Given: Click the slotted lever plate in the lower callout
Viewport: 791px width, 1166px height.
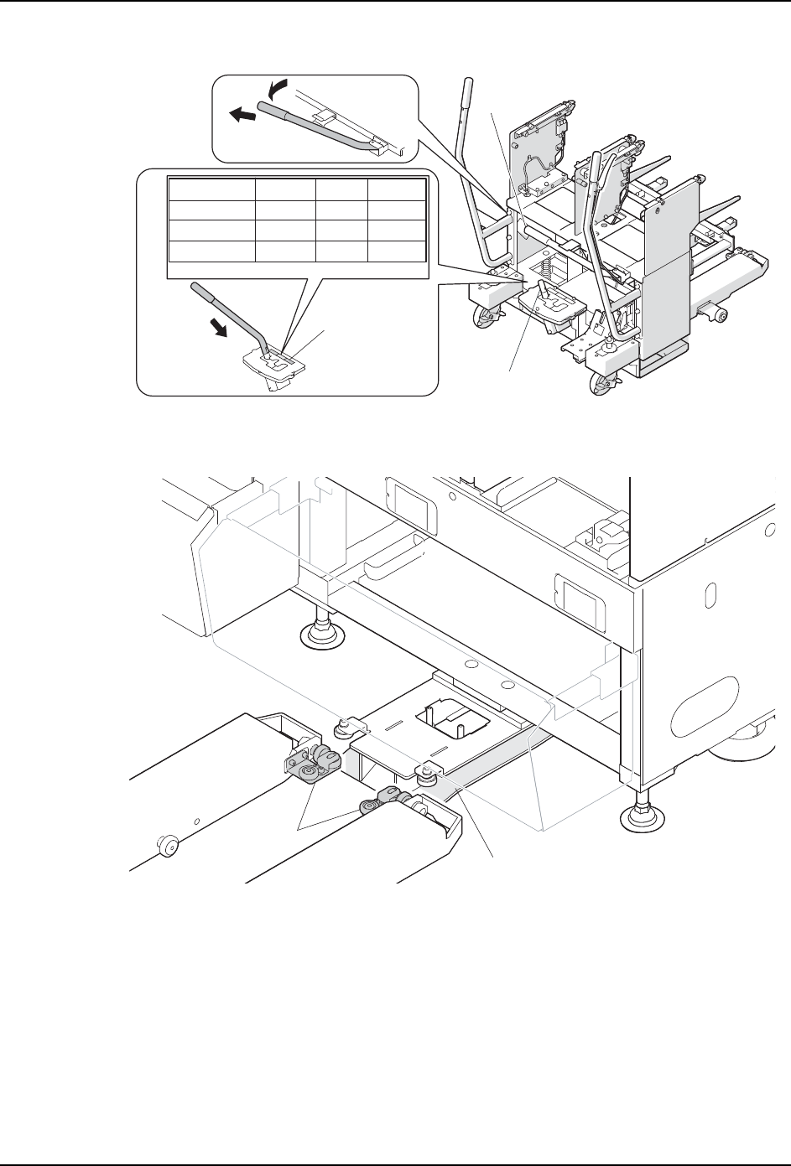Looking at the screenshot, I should [270, 362].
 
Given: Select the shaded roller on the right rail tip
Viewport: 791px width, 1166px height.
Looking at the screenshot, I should [370, 807].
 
